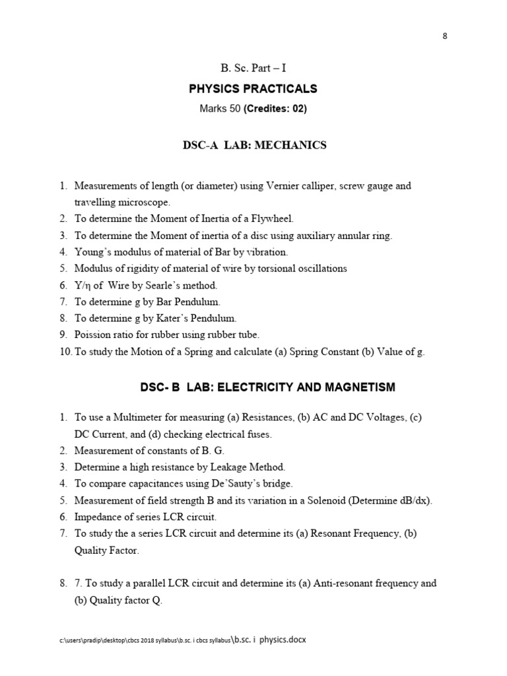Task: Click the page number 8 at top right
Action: [x=445, y=36]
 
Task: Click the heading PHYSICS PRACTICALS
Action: [x=253, y=88]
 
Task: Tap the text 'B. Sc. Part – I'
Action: [x=253, y=69]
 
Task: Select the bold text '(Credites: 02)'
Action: [x=275, y=109]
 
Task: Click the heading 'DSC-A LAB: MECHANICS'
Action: [x=254, y=145]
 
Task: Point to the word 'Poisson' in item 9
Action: [x=93, y=335]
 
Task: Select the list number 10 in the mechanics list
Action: [x=65, y=352]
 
